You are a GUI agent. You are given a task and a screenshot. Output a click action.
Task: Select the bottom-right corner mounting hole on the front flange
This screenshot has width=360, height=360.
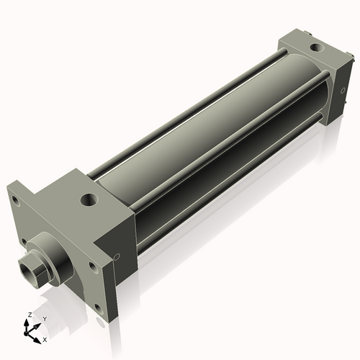[97, 308]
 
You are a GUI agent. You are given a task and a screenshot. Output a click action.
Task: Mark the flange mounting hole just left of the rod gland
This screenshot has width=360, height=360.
[24, 241]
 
